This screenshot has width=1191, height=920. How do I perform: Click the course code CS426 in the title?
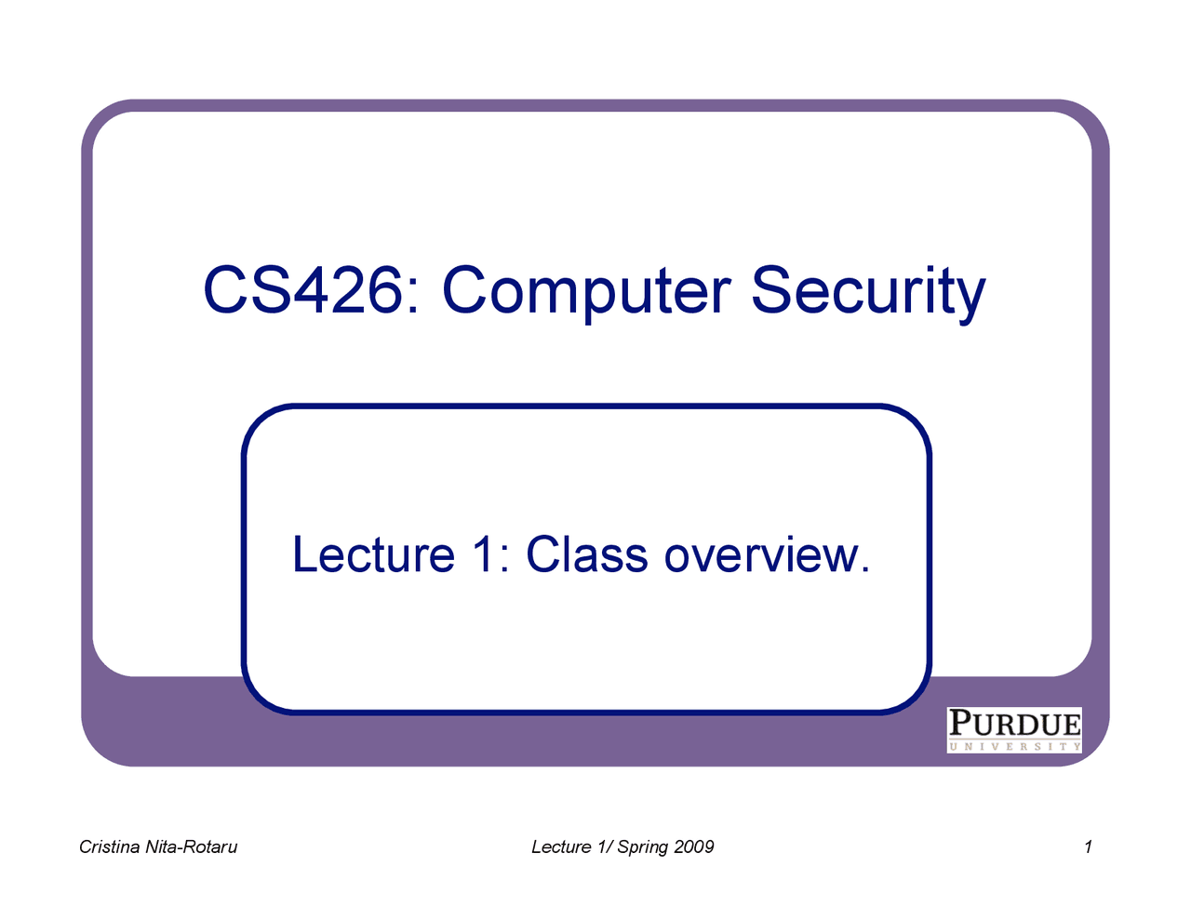coord(301,290)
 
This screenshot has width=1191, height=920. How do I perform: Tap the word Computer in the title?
coord(586,292)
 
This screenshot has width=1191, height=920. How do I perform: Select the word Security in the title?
coord(867,292)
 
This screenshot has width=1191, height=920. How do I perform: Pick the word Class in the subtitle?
coord(586,555)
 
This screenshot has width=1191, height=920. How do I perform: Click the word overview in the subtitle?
coord(761,555)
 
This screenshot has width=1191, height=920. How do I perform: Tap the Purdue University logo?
coord(1014,730)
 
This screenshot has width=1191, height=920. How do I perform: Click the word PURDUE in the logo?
coord(1014,724)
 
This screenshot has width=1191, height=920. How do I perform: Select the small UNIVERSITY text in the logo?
coord(1014,746)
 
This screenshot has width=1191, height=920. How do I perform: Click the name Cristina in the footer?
coord(109,847)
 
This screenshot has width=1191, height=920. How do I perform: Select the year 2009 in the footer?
coord(693,847)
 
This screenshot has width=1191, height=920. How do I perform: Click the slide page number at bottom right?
coord(1088,847)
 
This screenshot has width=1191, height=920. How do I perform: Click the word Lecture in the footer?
coord(561,847)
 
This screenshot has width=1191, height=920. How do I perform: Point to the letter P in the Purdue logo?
coord(961,724)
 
